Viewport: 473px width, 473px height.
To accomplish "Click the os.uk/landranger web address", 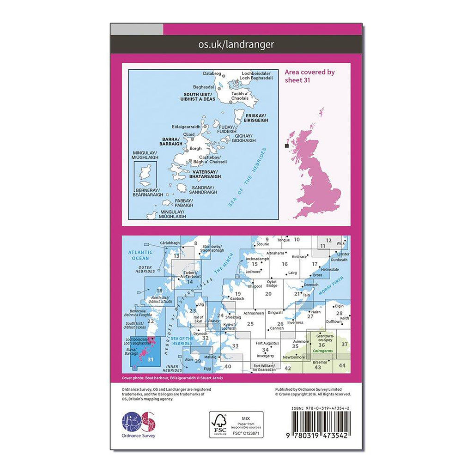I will [x=236, y=44].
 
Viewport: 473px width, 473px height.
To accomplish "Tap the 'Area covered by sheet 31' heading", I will [x=309, y=76].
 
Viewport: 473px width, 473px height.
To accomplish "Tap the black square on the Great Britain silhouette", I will [x=287, y=146].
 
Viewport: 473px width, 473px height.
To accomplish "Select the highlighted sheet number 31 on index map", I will [x=150, y=360].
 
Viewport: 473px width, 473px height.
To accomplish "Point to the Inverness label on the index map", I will [x=295, y=322].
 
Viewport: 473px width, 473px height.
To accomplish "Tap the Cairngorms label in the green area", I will [x=323, y=351].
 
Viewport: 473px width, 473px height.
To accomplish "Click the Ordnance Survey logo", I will [x=139, y=423].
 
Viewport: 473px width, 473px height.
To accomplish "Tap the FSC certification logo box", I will [x=236, y=424].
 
